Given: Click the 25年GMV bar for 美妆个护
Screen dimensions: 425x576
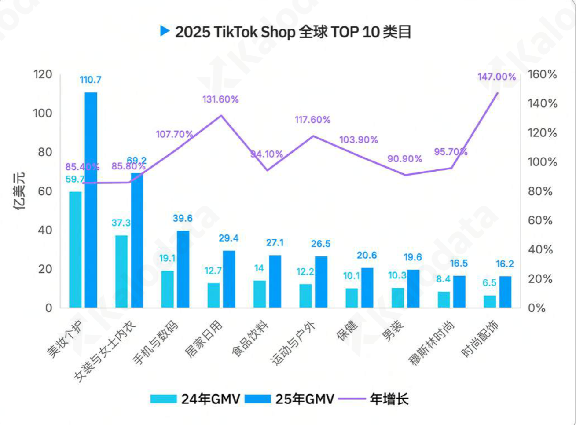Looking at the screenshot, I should pos(91,200).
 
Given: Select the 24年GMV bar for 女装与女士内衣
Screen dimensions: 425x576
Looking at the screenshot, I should pos(121,271).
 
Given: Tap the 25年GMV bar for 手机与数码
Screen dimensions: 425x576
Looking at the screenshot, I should pos(183,269).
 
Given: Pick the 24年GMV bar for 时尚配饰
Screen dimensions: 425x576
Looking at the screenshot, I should pos(490,301).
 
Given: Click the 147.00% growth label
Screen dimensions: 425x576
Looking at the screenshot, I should pos(496,77).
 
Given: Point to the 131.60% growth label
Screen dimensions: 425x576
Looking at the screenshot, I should pos(220,99).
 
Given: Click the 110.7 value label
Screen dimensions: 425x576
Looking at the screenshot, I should pos(91,80).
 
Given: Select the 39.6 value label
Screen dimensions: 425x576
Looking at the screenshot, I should pos(183,218).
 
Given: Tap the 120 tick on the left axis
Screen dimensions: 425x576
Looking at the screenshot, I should pos(43,74).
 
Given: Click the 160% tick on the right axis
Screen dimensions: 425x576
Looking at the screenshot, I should pos(543,74).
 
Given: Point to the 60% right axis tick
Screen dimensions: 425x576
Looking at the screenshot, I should pos(540,220).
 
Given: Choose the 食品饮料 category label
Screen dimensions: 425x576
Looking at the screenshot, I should pos(250,339).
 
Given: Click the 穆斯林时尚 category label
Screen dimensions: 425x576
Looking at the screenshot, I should pos(432,343).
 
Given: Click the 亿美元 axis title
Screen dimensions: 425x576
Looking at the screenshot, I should pos(20,191).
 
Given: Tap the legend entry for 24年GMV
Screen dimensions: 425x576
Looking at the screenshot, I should pos(195,399).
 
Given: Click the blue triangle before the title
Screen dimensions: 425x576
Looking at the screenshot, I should pos(165,31).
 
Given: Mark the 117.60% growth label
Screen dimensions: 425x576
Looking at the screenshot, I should pos(312,120).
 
